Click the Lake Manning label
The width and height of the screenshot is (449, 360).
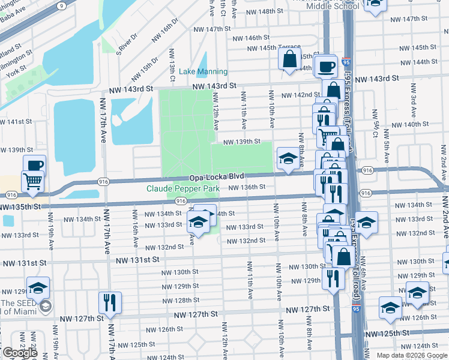tap(203, 71)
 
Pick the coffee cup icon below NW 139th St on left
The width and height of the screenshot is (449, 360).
tap(34, 165)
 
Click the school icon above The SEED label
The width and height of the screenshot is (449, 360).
tap(38, 288)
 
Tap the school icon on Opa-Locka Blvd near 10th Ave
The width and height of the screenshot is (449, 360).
tap(288, 159)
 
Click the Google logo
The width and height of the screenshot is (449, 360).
tap(20, 353)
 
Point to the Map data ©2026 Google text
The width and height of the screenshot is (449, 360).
tap(411, 355)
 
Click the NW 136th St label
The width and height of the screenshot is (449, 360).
tap(247, 187)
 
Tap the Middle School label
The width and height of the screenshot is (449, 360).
tap(333, 6)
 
